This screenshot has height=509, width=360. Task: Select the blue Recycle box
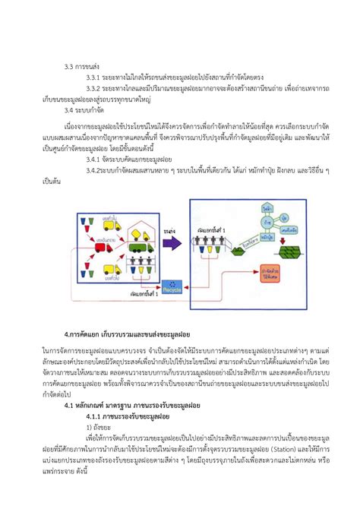159,286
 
